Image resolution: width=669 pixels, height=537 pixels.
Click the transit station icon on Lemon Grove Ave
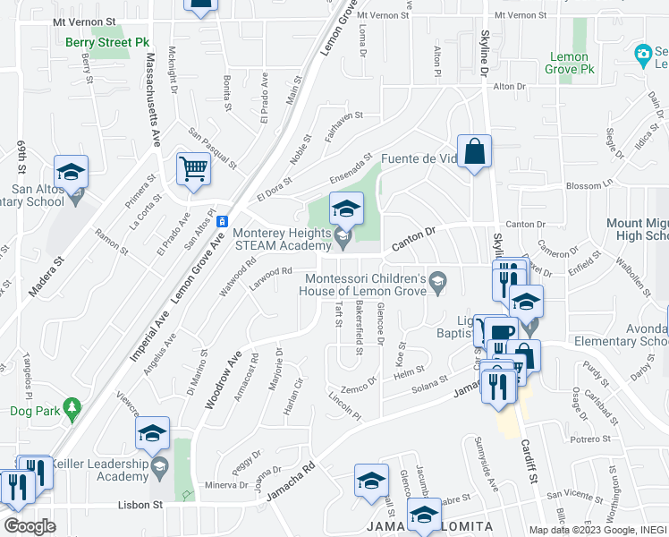223,221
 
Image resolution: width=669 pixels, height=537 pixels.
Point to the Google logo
30,526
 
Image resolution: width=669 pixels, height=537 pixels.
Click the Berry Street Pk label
107,42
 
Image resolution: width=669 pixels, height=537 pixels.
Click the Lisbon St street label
140,505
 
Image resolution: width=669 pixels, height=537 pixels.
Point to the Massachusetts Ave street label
154,99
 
